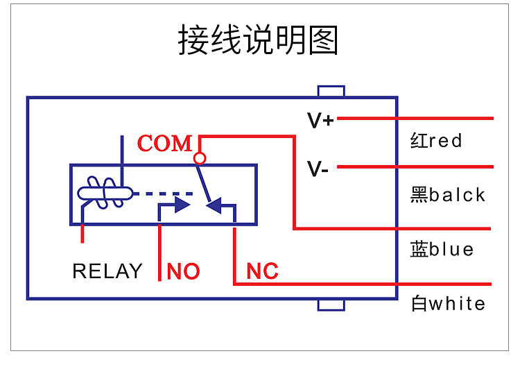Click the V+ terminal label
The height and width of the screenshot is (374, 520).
tap(320, 121)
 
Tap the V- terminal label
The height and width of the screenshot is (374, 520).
tap(318, 169)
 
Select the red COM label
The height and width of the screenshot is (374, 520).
tap(164, 144)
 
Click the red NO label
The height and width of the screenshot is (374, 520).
tap(183, 271)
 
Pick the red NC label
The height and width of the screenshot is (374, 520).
tap(262, 271)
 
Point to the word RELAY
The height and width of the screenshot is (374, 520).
tap(107, 271)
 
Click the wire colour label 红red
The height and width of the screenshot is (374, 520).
tap(436, 141)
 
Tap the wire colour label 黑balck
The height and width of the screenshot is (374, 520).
tap(448, 195)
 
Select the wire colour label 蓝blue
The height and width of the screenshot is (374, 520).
tap(442, 249)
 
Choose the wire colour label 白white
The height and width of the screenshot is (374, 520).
tap(448, 303)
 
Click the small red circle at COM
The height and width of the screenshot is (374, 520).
tap(200, 159)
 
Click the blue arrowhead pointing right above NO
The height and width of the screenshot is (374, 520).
tap(182, 205)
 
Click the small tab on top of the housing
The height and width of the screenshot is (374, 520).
tap(331, 91)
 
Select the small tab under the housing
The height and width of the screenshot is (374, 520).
tap(331, 305)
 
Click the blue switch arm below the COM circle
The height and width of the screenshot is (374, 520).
tap(205, 183)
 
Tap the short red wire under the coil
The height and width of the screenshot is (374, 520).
tap(83, 232)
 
